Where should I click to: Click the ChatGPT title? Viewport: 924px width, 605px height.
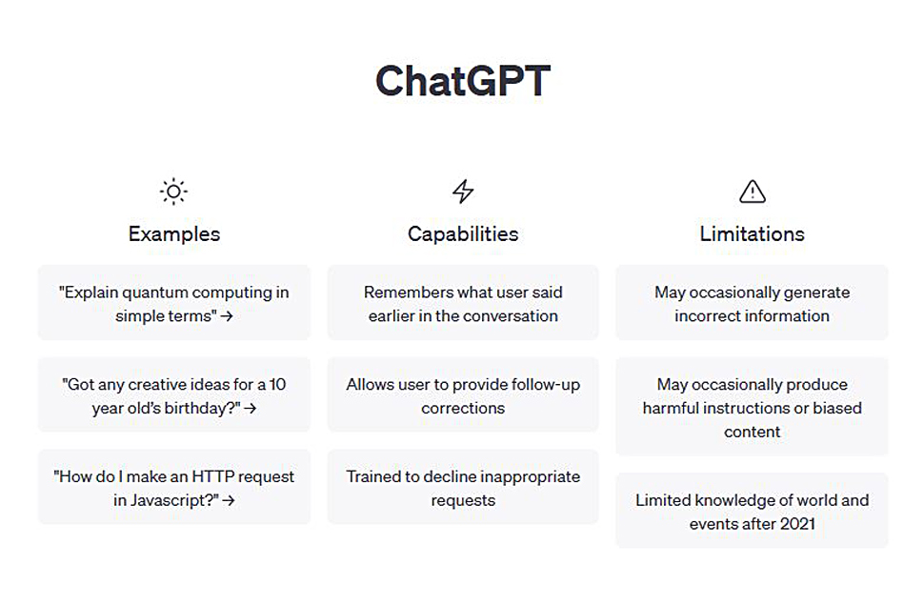pos(463,81)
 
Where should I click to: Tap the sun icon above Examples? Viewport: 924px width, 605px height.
pos(173,192)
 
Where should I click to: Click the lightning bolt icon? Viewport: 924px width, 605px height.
pos(463,192)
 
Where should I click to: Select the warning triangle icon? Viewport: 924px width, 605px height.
pos(753,192)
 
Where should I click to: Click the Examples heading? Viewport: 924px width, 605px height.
pos(173,234)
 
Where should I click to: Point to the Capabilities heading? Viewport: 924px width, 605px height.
pos(463,234)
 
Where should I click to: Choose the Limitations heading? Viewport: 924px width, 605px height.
pos(752,234)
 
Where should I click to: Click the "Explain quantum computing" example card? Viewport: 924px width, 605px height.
pos(173,303)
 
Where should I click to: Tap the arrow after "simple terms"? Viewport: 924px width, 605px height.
pos(227,316)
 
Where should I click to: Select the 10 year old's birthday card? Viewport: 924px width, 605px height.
pos(173,394)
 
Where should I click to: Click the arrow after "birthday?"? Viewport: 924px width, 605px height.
pos(251,408)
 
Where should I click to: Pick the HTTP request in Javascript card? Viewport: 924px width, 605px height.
pos(173,487)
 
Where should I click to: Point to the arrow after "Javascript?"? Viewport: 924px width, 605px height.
pos(229,500)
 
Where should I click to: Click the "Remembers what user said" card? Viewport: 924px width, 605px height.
pos(463,303)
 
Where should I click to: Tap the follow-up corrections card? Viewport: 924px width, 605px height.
pos(463,394)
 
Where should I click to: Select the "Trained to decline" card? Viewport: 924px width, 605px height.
pos(463,487)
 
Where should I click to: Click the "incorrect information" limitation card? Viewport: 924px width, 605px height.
pos(752,303)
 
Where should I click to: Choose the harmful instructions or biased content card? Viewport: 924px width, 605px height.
pos(752,406)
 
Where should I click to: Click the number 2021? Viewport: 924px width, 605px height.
pos(797,524)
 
